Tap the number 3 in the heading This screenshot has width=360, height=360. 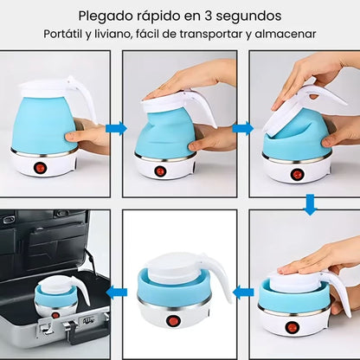click(x=207, y=16)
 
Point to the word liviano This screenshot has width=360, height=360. click(x=126, y=35)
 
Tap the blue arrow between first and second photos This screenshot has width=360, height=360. click(x=116, y=128)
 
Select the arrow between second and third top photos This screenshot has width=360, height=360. click(x=242, y=128)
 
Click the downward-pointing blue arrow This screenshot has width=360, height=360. click(x=309, y=203)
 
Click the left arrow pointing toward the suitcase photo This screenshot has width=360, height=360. click(x=117, y=292)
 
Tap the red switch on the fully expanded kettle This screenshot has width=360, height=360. click(x=37, y=167)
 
